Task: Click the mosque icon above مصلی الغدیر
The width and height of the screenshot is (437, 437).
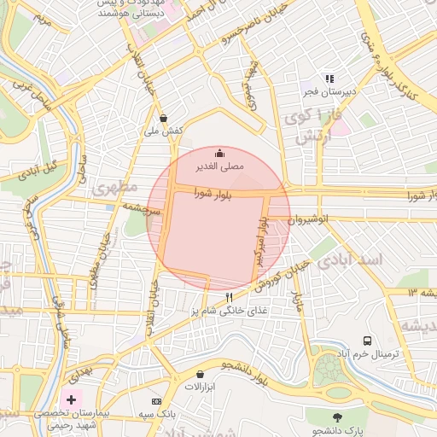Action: click(220, 154)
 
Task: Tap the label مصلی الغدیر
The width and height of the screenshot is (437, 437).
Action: click(220, 167)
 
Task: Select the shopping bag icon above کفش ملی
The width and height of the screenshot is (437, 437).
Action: click(163, 118)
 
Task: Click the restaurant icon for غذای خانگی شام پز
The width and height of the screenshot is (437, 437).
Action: click(229, 297)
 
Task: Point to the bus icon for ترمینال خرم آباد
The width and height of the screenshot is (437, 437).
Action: click(368, 341)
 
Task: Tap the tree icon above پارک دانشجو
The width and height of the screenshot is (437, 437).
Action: click(337, 417)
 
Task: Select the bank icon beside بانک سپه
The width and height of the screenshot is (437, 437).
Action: click(155, 401)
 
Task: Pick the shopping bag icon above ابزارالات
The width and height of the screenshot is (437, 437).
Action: click(200, 374)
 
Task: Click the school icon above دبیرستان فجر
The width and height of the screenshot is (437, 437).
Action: click(329, 79)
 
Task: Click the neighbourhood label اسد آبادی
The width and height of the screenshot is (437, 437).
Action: click(350, 259)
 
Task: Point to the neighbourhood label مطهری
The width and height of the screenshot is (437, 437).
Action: click(115, 188)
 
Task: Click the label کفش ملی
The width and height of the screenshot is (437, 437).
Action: click(164, 131)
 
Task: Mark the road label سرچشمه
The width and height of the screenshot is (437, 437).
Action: click(140, 207)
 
